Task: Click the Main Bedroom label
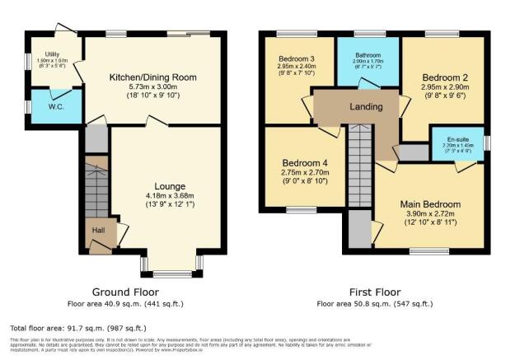point(430,203)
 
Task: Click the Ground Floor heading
point(125,292)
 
